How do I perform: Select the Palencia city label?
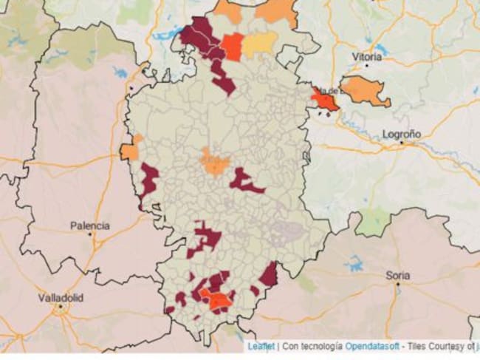coord(90,225)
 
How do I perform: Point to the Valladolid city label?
coord(61,297)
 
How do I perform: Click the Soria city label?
coord(397,275)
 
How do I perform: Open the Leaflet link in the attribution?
coord(261,345)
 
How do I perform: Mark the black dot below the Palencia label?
coord(90,234)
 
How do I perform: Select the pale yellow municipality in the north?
coord(260,44)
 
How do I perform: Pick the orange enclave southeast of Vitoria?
coord(365,90)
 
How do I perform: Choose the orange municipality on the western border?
coord(130,151)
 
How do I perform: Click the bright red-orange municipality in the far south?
coord(216,299)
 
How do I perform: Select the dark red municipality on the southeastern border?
coord(268,275)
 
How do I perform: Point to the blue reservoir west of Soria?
coord(354,264)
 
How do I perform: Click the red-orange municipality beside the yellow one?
coord(231,46)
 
